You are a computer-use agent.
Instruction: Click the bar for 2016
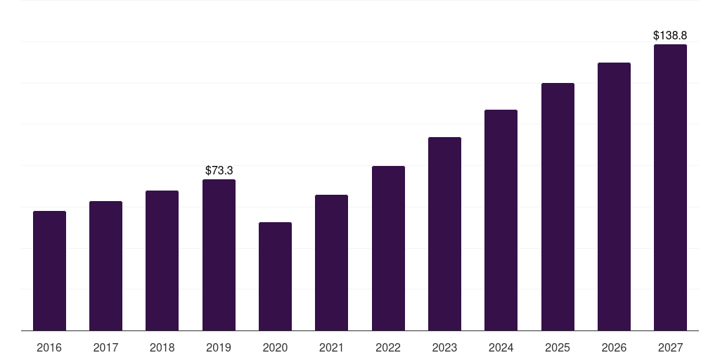[50, 271]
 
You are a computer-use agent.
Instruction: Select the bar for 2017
[105, 266]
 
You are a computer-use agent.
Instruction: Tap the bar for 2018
[162, 260]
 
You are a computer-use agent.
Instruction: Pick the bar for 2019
[219, 255]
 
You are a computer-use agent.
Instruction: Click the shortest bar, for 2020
[275, 276]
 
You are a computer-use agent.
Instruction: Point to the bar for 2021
[332, 263]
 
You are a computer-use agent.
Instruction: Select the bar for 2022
[388, 248]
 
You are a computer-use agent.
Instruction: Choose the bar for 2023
[444, 233]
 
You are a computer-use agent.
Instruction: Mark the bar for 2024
[501, 220]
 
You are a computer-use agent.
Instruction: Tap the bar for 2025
[558, 207]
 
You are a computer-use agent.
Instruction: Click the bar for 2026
[614, 197]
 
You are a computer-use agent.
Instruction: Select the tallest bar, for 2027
[670, 187]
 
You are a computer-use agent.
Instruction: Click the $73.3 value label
[219, 171]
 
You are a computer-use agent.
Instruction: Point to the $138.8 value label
[670, 35]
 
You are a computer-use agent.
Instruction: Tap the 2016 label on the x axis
[49, 347]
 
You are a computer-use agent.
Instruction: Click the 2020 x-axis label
[275, 347]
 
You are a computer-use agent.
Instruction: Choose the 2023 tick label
[444, 347]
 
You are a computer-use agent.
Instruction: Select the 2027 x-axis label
[670, 347]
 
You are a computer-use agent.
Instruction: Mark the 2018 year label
[162, 347]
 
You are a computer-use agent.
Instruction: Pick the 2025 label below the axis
[558, 347]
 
